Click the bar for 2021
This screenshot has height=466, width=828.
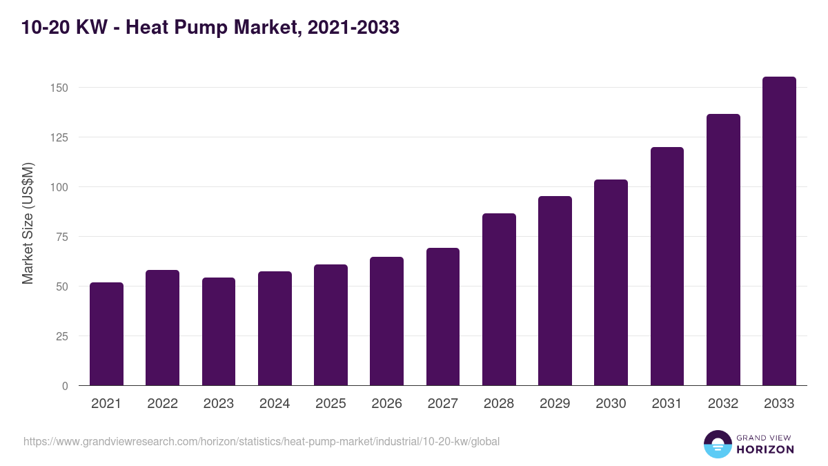(106, 334)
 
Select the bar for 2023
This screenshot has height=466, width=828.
(219, 331)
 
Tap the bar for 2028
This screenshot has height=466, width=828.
(499, 300)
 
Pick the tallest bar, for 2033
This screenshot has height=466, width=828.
(779, 231)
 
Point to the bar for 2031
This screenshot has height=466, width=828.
(667, 266)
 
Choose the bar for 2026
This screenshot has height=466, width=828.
(386, 321)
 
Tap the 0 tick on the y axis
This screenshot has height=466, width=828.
(65, 386)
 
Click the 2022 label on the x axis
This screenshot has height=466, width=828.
(162, 404)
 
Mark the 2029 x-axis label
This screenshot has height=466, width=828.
(555, 404)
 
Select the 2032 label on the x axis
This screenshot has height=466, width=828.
(723, 404)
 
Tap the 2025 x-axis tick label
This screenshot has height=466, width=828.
(331, 404)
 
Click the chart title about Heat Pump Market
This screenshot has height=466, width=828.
(210, 28)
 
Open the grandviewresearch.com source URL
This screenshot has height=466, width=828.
(261, 441)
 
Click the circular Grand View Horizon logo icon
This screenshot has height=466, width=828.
(717, 444)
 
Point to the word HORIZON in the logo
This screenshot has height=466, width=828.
(765, 449)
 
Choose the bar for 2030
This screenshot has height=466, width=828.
(611, 282)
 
